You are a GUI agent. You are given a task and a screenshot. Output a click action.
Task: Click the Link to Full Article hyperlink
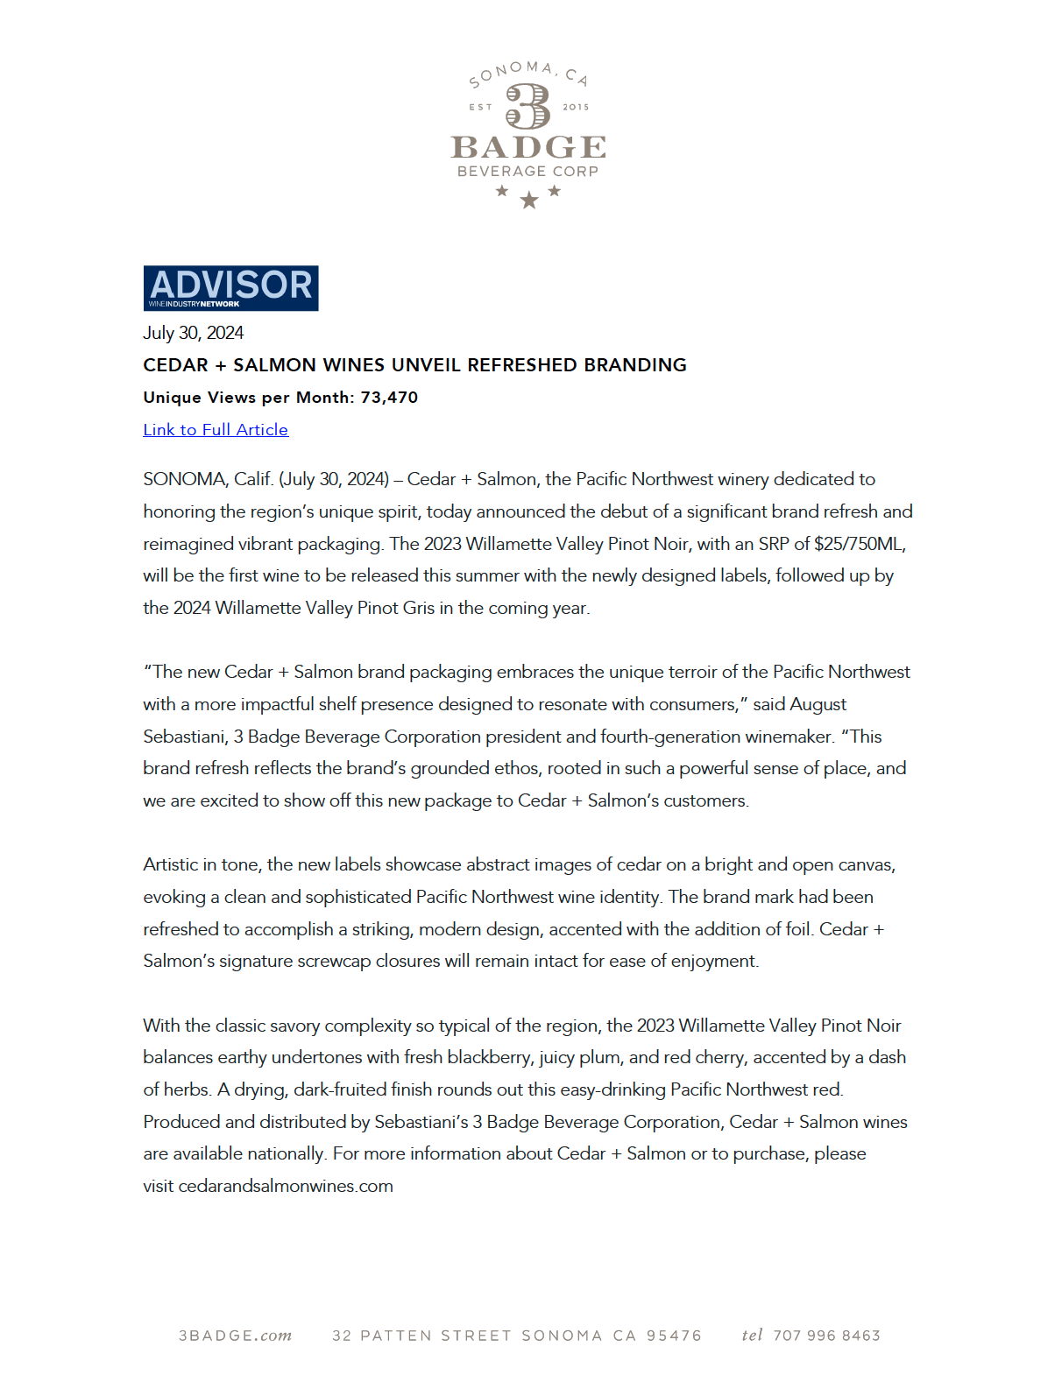[216, 430]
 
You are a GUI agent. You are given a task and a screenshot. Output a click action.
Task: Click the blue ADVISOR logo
[230, 287]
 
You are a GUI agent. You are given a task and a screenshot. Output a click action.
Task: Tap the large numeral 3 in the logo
[528, 106]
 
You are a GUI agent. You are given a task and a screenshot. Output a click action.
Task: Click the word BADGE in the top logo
[528, 147]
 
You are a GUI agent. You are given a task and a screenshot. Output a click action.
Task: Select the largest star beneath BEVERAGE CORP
[528, 201]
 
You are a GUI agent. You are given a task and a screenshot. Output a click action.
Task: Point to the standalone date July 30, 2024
[194, 333]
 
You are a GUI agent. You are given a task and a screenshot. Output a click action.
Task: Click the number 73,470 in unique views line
[389, 398]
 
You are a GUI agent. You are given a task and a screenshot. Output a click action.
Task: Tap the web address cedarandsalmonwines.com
[286, 1186]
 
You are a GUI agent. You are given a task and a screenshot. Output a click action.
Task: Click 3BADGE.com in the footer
[235, 1336]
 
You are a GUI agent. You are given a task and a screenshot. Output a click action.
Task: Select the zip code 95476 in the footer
[674, 1336]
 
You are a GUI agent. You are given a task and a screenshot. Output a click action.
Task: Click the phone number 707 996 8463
[826, 1336]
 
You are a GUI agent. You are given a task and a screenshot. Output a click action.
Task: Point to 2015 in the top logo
[576, 107]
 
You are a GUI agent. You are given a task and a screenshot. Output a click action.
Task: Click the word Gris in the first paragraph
[419, 608]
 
